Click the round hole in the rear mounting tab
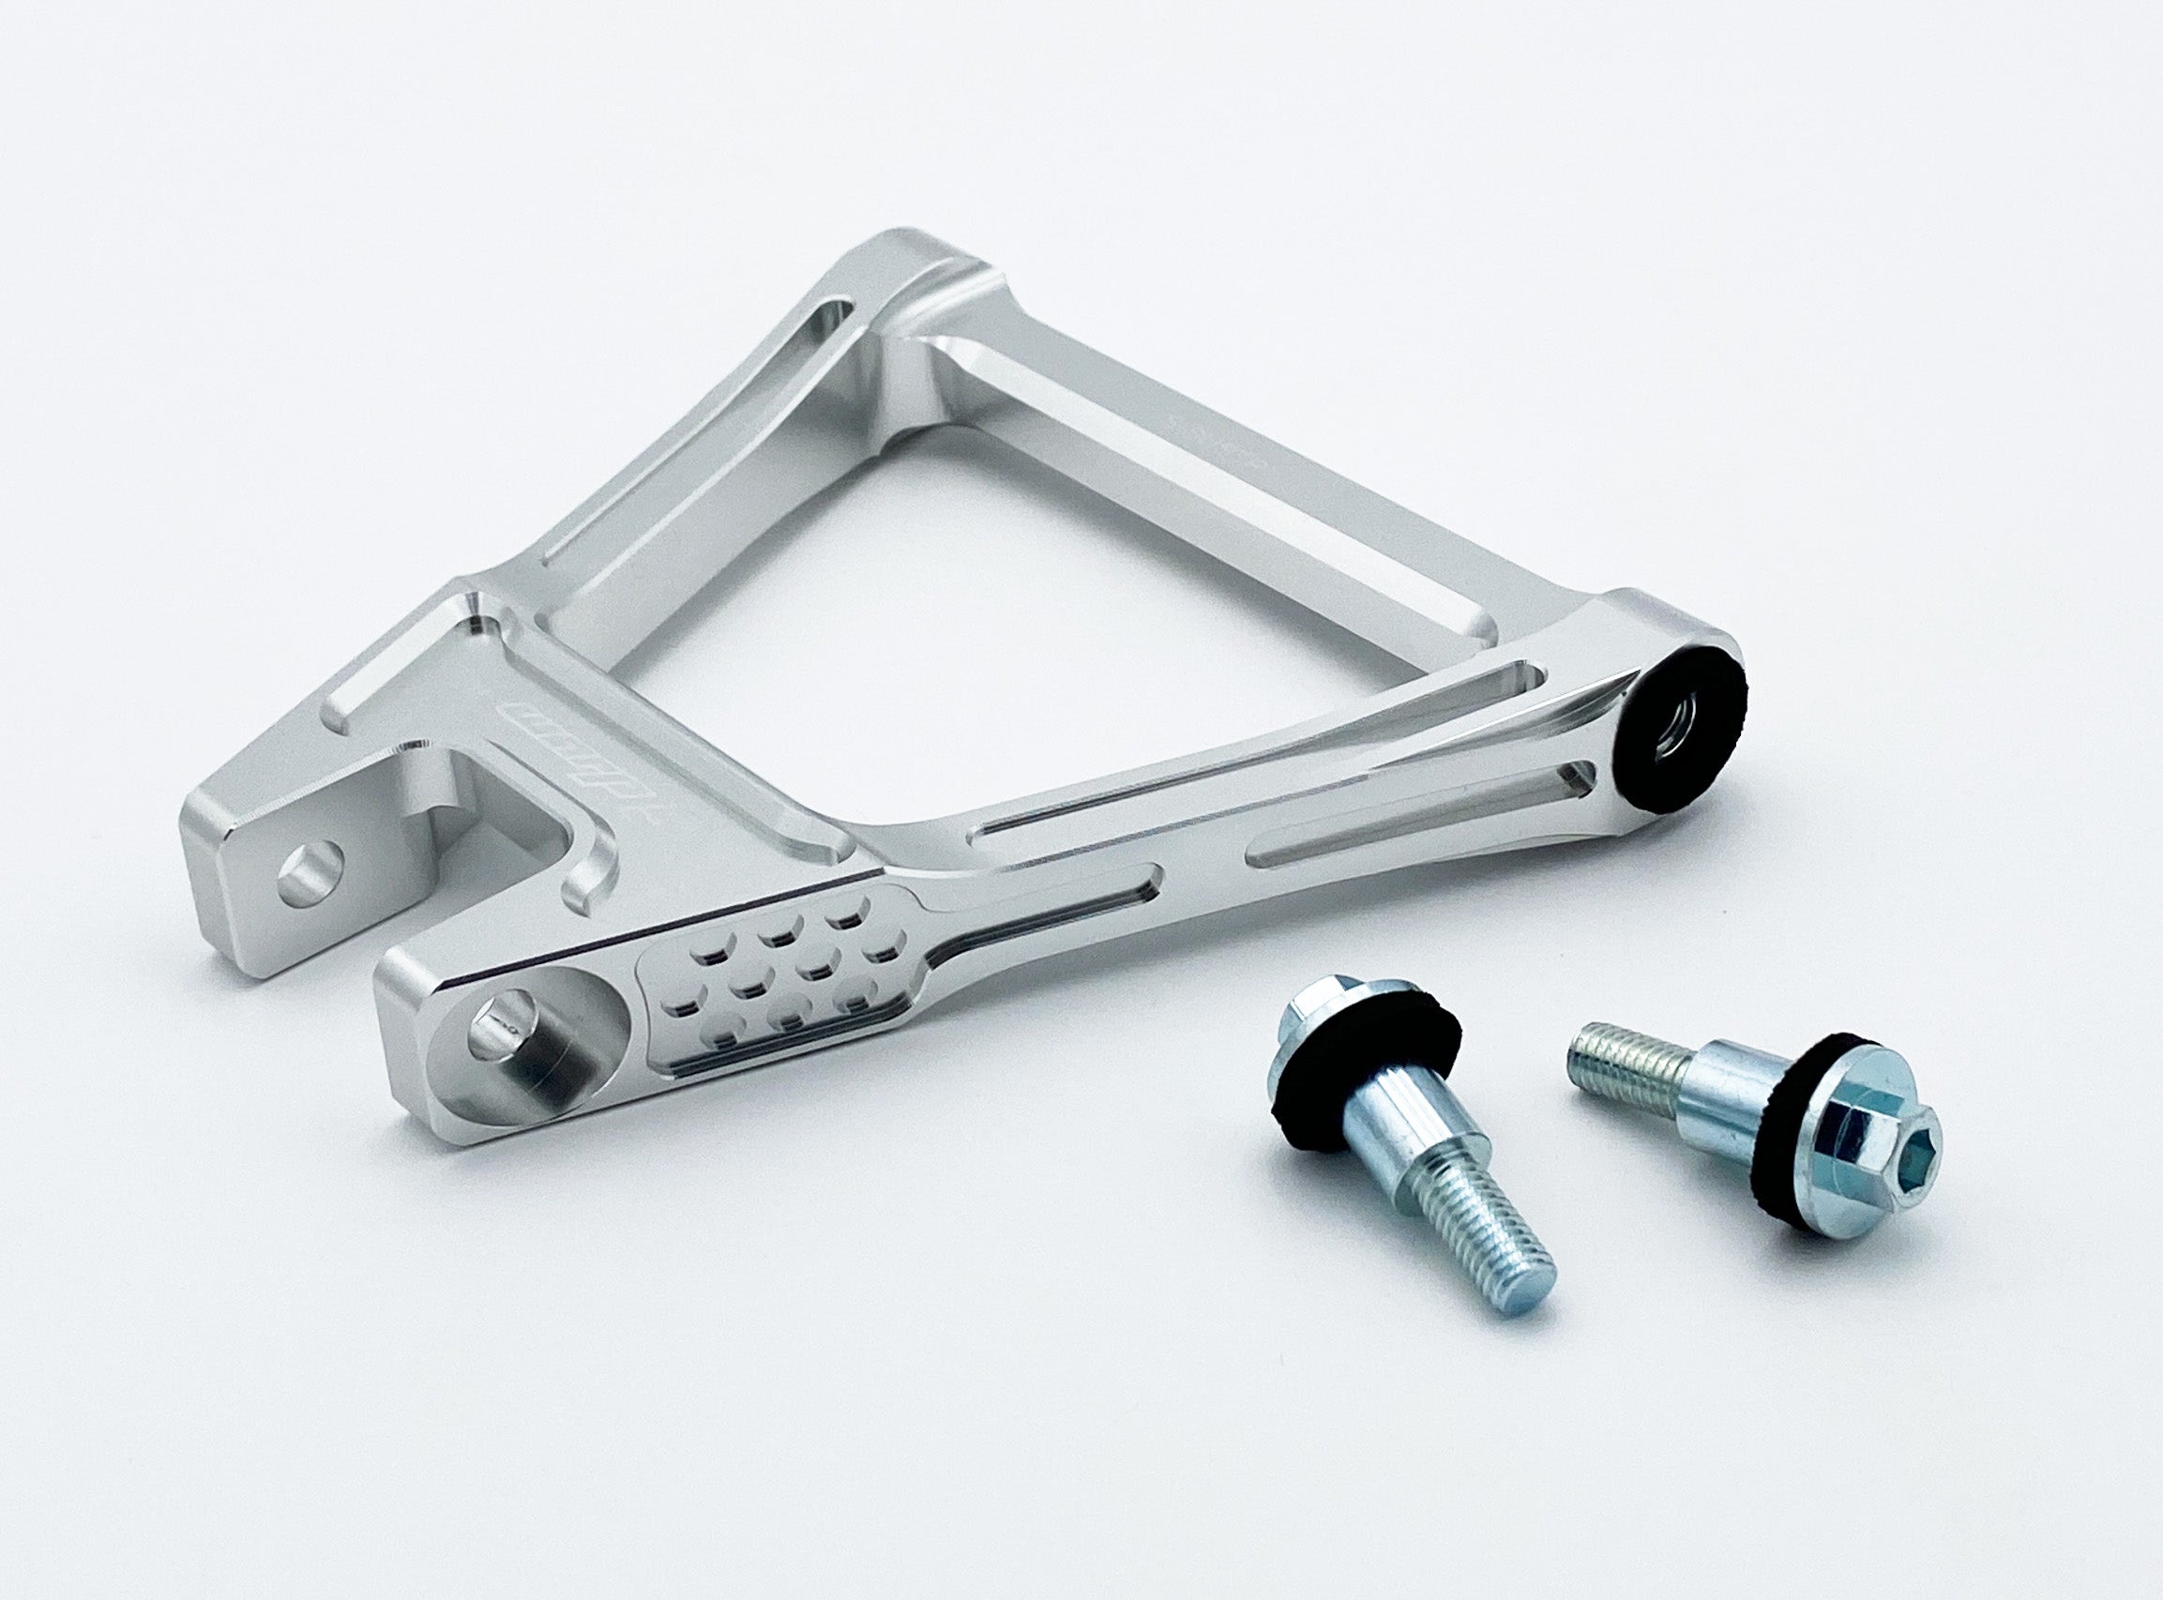tap(310, 865)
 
